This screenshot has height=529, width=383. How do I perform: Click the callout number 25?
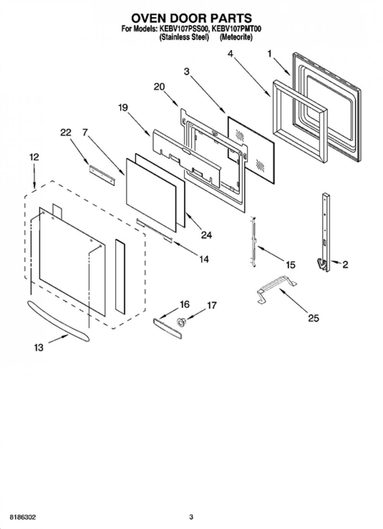[x=313, y=318]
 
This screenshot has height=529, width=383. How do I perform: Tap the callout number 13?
[x=39, y=348]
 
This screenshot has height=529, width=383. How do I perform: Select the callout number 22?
[x=65, y=133]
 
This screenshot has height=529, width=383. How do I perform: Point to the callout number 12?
[x=34, y=157]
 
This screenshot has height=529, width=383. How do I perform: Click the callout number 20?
[x=159, y=87]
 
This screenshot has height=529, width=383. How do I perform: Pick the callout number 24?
[x=206, y=235]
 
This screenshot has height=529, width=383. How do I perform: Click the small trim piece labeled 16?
[x=167, y=329]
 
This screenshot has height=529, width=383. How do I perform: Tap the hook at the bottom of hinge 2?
[x=321, y=263]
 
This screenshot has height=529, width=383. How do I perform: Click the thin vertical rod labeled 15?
[x=254, y=242]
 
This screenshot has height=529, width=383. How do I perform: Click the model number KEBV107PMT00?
[x=236, y=29]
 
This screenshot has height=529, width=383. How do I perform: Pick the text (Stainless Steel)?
[x=184, y=37]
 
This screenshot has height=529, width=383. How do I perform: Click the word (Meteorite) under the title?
[x=236, y=37]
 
